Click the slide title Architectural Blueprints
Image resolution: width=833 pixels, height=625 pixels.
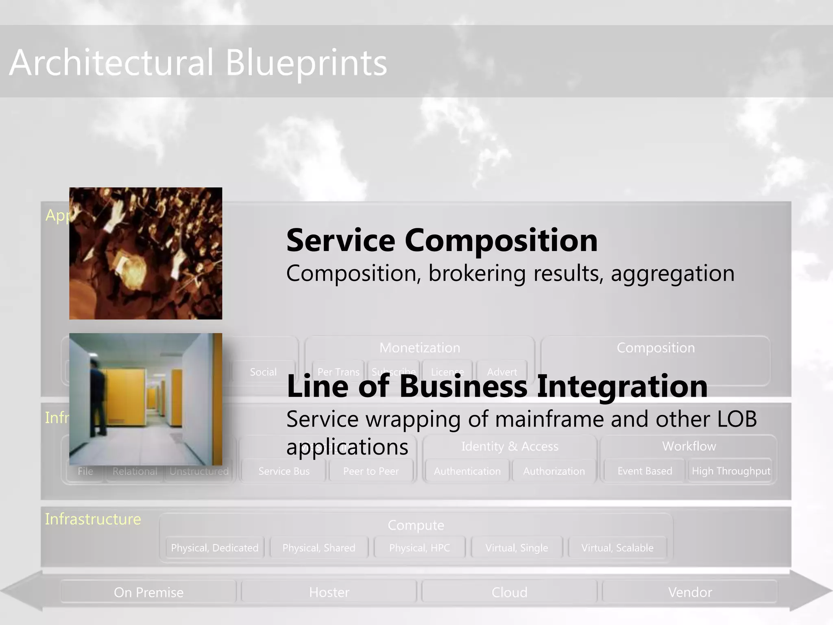(198, 62)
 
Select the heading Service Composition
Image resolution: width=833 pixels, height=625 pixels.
(442, 240)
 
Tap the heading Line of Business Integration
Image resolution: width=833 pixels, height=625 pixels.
(497, 386)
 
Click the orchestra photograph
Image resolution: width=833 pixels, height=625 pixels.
(146, 253)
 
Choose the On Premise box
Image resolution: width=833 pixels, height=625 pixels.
(148, 592)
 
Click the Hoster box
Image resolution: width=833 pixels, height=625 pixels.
(329, 592)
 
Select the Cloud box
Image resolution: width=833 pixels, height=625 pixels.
(509, 592)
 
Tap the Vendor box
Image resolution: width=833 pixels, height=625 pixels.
(690, 592)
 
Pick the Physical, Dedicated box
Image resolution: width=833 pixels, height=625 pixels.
(214, 548)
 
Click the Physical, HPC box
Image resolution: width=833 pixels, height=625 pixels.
(419, 548)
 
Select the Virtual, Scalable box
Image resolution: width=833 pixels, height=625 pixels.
(617, 548)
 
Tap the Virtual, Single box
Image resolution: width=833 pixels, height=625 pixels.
(517, 548)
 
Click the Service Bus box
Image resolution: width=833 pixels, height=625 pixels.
(284, 471)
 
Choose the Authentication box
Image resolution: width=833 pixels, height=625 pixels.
(467, 471)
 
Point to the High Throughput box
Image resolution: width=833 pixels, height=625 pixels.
(731, 471)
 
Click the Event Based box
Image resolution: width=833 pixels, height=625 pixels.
(645, 471)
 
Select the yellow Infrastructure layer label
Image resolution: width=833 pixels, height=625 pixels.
(93, 519)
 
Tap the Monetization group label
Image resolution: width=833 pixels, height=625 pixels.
(420, 348)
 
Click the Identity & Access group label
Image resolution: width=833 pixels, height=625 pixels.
(510, 446)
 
